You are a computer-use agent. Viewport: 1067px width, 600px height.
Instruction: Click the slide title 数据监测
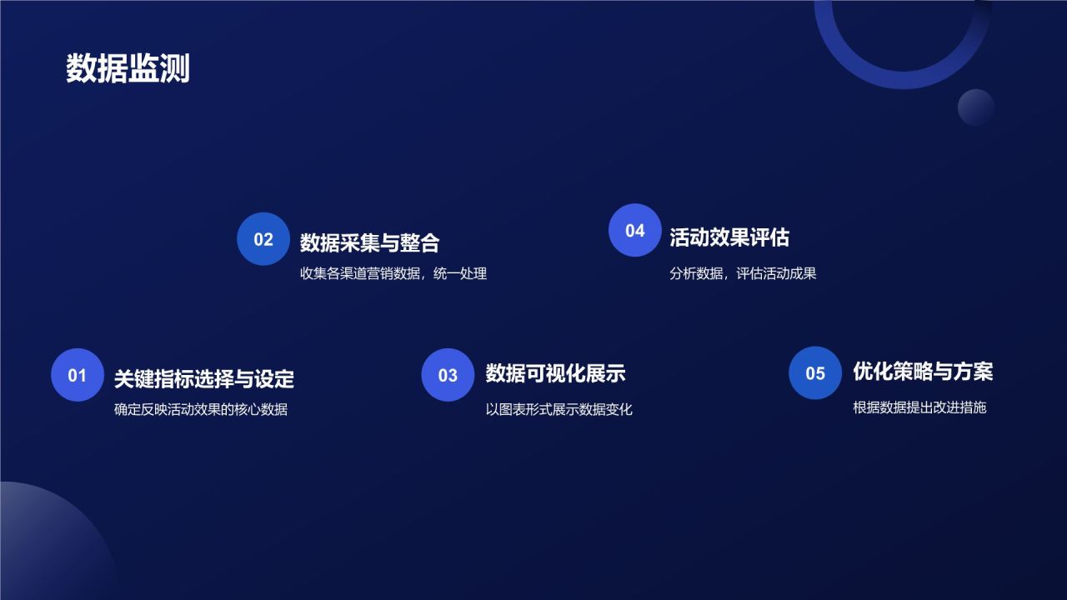[128, 68]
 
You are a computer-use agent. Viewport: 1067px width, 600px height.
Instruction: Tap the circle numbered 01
[78, 375]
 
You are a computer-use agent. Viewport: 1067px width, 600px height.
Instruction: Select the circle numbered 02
[263, 239]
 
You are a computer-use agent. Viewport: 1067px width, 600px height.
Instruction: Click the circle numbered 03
[448, 375]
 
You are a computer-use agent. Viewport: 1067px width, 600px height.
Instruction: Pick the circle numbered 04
[635, 230]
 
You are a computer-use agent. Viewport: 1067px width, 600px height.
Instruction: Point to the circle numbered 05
[815, 373]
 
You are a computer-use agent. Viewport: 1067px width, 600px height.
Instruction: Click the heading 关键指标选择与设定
[204, 379]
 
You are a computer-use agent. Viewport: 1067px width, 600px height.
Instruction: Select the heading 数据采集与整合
[369, 242]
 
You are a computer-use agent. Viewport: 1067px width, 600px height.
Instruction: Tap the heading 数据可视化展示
[555, 373]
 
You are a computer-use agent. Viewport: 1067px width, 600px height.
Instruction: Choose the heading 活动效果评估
[729, 237]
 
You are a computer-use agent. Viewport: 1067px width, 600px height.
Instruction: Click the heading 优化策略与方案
[923, 372]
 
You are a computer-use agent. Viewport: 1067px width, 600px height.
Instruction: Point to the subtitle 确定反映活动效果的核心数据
[201, 409]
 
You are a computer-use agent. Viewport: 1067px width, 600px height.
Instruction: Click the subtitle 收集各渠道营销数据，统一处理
[393, 273]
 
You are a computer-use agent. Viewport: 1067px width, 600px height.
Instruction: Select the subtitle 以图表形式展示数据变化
[559, 409]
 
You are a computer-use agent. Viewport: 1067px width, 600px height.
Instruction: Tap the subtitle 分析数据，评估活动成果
[743, 273]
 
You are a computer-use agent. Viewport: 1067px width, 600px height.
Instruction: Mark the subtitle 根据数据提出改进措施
[919, 407]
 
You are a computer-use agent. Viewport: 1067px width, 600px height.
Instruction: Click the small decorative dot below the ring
[976, 107]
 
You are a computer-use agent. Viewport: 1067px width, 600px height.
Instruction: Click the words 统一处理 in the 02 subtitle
[460, 273]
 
